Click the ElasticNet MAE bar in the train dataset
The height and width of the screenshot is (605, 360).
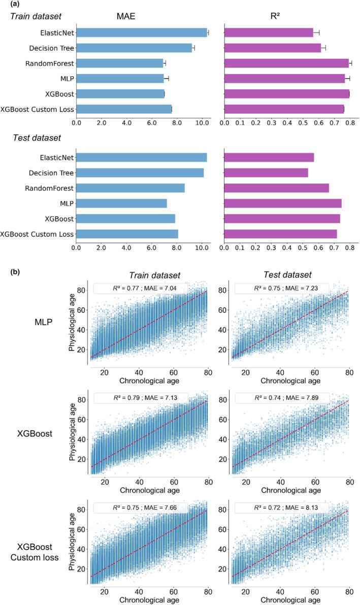[142, 33]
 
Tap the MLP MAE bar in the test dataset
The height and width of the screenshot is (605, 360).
[121, 203]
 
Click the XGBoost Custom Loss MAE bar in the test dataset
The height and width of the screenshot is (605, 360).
[127, 234]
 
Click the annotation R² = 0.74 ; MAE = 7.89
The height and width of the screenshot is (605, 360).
[282, 397]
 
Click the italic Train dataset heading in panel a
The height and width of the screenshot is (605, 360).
[37, 17]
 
